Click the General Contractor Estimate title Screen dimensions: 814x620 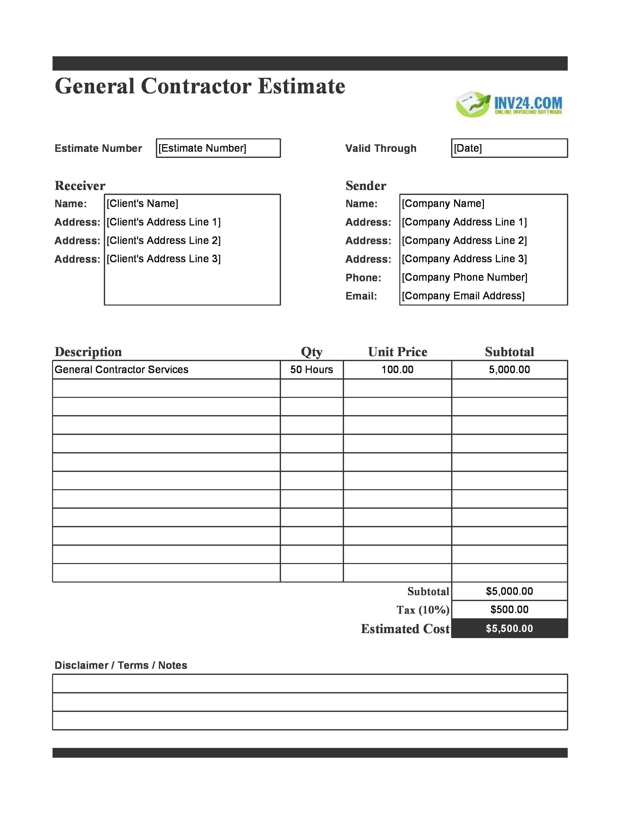click(x=200, y=86)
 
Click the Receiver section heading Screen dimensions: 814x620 click(x=80, y=186)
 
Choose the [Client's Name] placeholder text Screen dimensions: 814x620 click(x=142, y=203)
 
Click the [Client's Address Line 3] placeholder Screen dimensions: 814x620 click(x=163, y=259)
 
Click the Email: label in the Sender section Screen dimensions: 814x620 click(x=361, y=296)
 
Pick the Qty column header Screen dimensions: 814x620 click(x=312, y=352)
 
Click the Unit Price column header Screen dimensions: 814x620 click(x=398, y=352)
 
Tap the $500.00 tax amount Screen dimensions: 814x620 click(x=509, y=609)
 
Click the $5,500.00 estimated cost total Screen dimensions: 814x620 click(x=509, y=628)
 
